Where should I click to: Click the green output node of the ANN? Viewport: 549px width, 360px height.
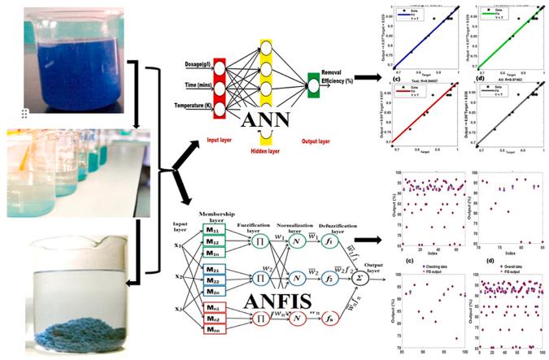[x=313, y=81]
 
